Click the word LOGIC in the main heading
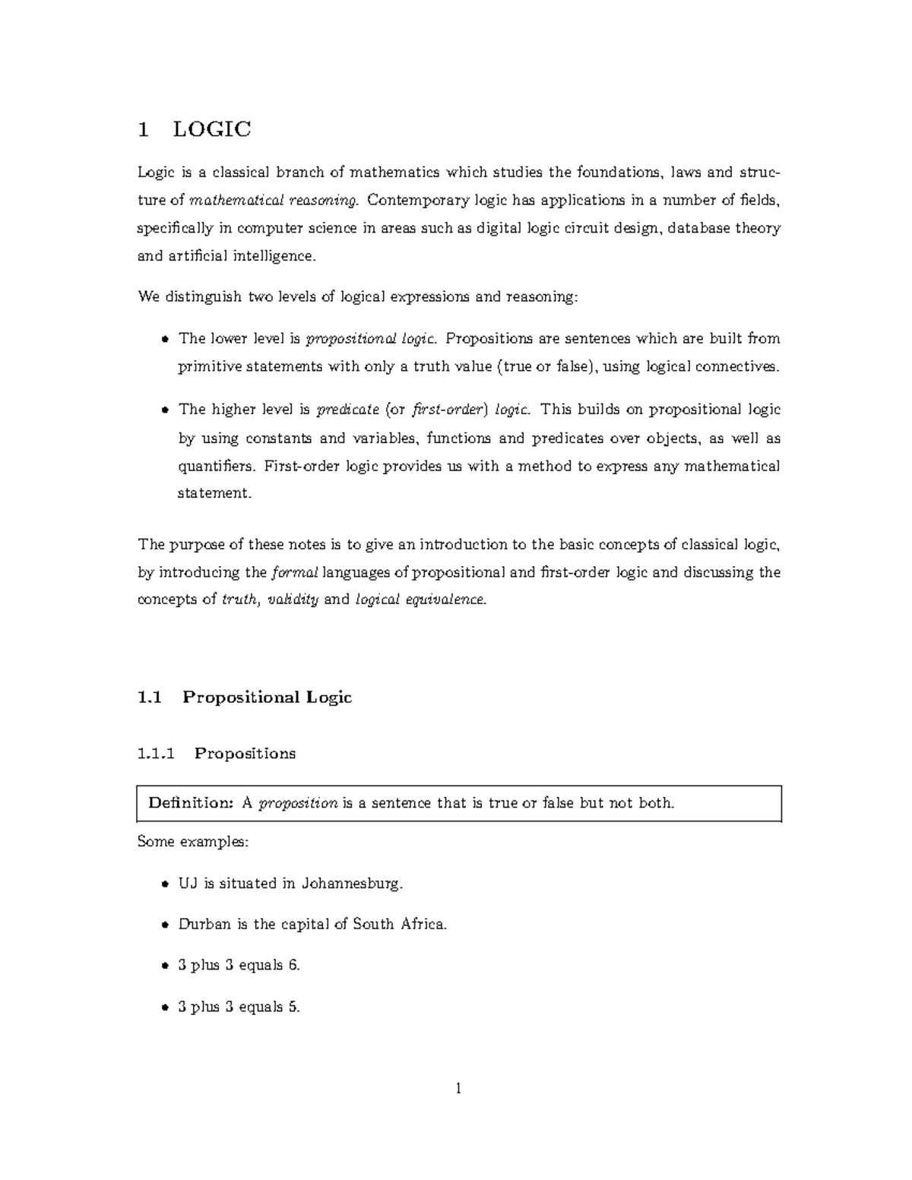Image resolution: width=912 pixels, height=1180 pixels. pos(212,129)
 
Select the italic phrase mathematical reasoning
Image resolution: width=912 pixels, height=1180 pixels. pos(272,201)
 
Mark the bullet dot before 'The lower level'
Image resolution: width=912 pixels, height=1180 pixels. pos(164,339)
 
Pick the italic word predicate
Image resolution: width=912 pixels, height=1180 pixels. pos(347,410)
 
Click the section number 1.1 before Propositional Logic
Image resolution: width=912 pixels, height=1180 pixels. pos(150,698)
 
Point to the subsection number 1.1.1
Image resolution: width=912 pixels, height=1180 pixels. pos(156,754)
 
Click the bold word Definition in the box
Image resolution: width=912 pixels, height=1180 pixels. pos(190,803)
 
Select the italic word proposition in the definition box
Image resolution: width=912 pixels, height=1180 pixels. pos(298,803)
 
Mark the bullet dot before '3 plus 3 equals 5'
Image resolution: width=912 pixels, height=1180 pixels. pos(164,1008)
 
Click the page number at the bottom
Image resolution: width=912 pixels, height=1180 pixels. pos(458,1089)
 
